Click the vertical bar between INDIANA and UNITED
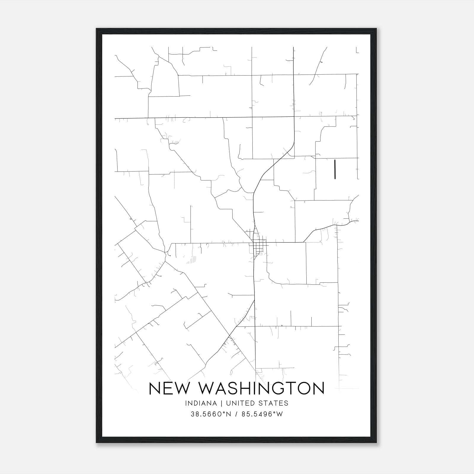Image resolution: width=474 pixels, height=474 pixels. [x=225, y=403]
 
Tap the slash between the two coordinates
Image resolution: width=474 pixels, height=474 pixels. [x=236, y=414]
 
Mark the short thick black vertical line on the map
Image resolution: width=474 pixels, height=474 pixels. [x=335, y=169]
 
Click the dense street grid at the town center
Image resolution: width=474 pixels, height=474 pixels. [x=258, y=245]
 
